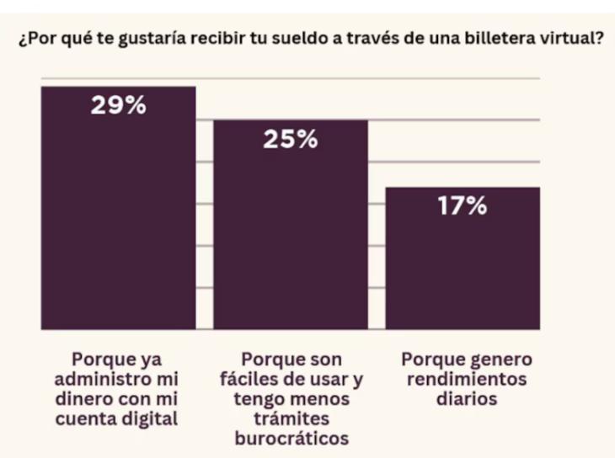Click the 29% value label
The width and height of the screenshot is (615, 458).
pos(118,107)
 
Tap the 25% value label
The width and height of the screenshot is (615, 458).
pos(290,140)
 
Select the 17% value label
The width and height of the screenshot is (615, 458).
pos(462,207)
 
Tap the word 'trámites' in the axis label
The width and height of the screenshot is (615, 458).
pos(291,419)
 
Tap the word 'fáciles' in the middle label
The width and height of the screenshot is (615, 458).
pos(249,380)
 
